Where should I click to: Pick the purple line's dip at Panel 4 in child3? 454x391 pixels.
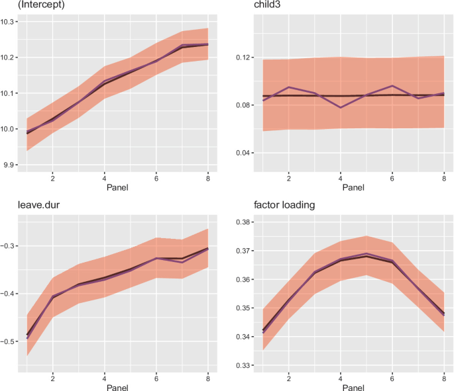tap(341, 107)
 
